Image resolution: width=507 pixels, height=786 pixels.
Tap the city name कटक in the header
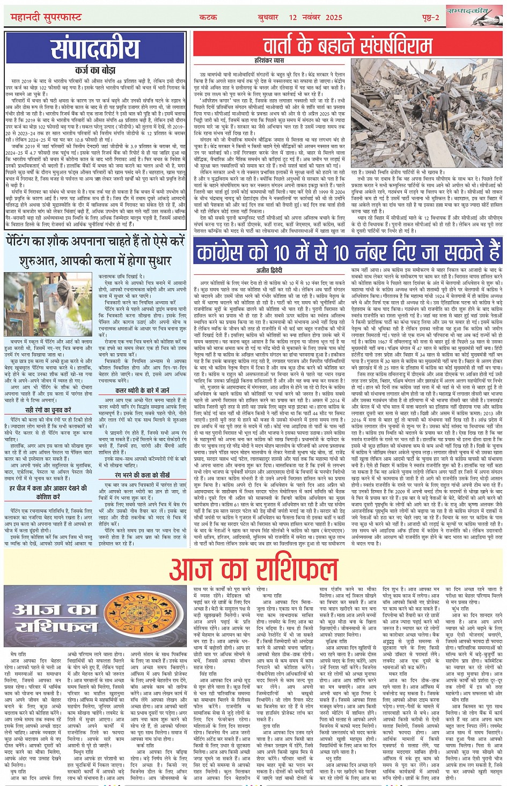pyautogui.click(x=208, y=18)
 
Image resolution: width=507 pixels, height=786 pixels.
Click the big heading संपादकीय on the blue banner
pyautogui.click(x=95, y=49)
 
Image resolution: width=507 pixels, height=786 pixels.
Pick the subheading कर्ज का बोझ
pyautogui.click(x=95, y=70)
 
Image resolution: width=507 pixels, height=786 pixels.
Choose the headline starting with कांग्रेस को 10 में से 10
pyautogui.click(x=348, y=253)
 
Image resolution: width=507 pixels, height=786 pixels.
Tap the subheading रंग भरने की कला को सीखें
pyautogui.click(x=142, y=475)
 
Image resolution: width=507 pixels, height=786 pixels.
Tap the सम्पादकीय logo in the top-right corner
pyautogui.click(x=474, y=17)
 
